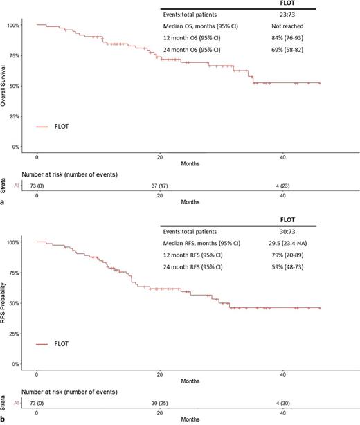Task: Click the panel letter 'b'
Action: tap(5, 421)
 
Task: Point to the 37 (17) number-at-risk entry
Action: tap(161, 185)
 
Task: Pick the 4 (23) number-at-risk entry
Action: tap(285, 185)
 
